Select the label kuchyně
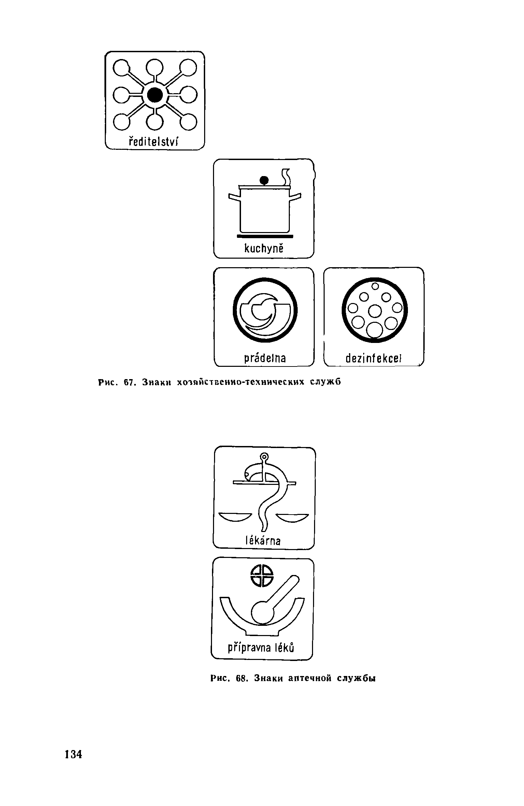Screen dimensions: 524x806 [264, 248]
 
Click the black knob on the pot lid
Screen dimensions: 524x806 [264, 180]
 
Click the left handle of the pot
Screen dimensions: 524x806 [234, 197]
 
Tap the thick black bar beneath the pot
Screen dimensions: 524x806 [265, 236]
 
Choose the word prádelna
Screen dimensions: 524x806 [265, 358]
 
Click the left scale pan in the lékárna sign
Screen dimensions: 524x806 [235, 517]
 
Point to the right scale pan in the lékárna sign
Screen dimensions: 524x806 [292, 517]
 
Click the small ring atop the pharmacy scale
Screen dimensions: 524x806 [264, 456]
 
